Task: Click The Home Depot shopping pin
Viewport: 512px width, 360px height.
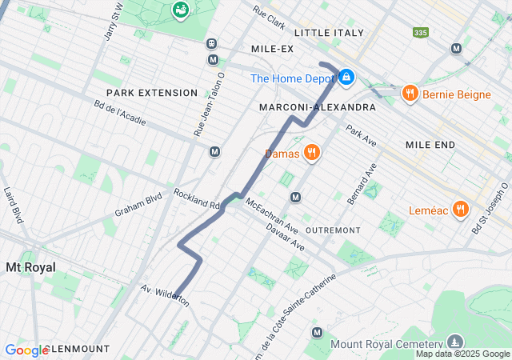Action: pos(346,78)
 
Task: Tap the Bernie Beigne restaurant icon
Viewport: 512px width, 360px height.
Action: pos(410,94)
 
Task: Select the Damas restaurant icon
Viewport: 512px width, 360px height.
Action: pos(311,152)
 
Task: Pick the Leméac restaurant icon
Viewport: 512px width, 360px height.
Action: pos(460,210)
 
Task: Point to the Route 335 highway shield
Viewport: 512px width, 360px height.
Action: pos(420,33)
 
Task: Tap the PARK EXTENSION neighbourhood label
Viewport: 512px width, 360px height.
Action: pos(151,93)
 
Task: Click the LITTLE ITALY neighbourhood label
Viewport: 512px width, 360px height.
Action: pos(329,33)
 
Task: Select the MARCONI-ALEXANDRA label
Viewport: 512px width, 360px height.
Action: pos(317,106)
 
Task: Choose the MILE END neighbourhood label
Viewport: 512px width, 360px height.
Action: pos(430,145)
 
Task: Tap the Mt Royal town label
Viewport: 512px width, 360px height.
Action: pos(30,266)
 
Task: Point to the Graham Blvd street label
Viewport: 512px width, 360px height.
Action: pos(138,203)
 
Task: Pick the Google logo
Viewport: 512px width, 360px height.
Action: pos(26,350)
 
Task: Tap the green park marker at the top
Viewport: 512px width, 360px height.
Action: pos(182,10)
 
